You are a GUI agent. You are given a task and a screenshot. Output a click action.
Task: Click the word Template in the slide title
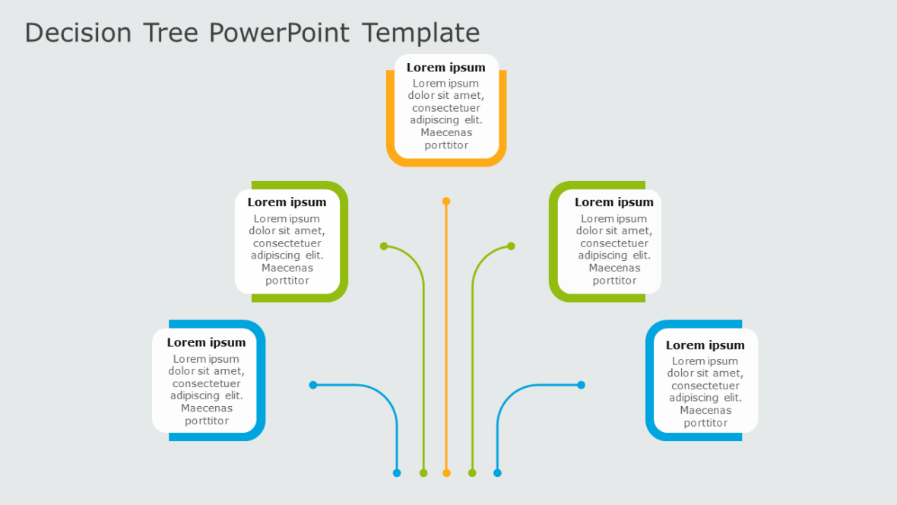coord(420,33)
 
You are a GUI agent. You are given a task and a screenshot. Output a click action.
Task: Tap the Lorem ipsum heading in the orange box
coord(446,68)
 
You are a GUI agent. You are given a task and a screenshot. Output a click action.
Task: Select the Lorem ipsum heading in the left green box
coord(287,202)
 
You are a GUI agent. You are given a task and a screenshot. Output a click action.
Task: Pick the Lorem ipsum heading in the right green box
coord(614,202)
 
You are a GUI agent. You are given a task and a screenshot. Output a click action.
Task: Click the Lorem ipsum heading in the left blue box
coord(206,342)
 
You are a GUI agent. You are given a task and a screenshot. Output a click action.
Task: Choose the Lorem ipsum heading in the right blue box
coord(705,345)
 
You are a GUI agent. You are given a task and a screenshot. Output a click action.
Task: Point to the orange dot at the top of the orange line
coord(446,202)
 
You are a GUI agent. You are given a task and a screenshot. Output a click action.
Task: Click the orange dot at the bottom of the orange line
coord(446,473)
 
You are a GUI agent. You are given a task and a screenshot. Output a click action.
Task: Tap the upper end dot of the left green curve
coord(384,246)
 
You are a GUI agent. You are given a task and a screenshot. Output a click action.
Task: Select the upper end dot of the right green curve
coord(511,246)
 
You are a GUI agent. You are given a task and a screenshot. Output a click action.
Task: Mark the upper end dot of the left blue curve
coord(313,385)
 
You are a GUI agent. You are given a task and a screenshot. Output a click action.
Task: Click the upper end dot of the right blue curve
coord(581,385)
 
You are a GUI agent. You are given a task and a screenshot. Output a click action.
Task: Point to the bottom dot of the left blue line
coord(397,473)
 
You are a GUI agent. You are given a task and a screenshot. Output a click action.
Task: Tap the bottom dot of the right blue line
coord(497,473)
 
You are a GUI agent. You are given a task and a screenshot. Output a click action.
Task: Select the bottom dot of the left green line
coord(423,473)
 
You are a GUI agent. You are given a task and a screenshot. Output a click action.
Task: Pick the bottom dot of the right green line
coord(472,473)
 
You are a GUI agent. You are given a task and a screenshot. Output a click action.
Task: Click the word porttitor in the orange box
coord(446,145)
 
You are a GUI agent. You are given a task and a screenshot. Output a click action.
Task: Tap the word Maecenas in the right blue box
coord(705,411)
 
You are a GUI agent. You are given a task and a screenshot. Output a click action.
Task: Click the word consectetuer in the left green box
coord(287,243)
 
